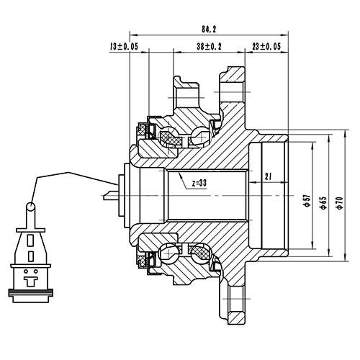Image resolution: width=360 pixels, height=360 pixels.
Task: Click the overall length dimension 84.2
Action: click(x=208, y=30)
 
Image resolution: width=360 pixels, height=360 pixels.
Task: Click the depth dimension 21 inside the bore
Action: click(x=267, y=175)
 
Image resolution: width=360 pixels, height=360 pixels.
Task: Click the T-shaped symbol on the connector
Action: click(x=30, y=274)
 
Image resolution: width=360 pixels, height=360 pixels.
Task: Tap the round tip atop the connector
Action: click(x=30, y=207)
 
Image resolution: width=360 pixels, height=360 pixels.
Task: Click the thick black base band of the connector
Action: click(x=30, y=292)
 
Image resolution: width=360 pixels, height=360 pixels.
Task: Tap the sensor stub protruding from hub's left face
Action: click(x=109, y=195)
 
